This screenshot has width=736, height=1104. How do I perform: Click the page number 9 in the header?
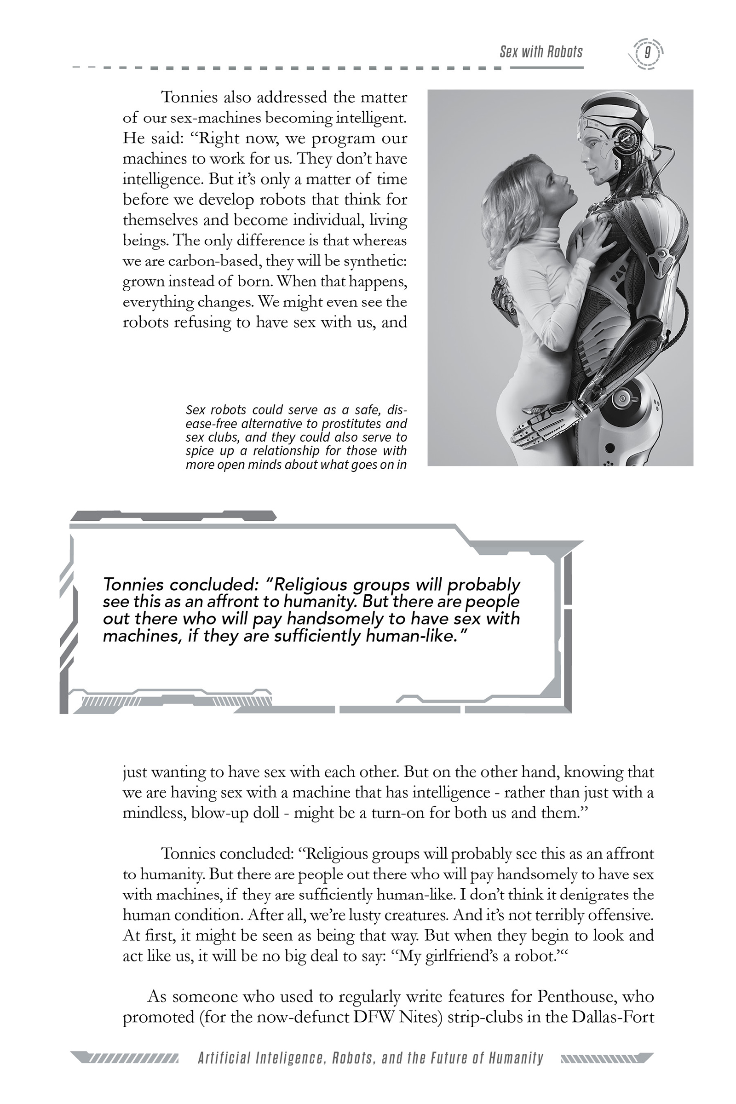(647, 52)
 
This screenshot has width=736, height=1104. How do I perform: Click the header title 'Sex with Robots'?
(541, 52)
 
